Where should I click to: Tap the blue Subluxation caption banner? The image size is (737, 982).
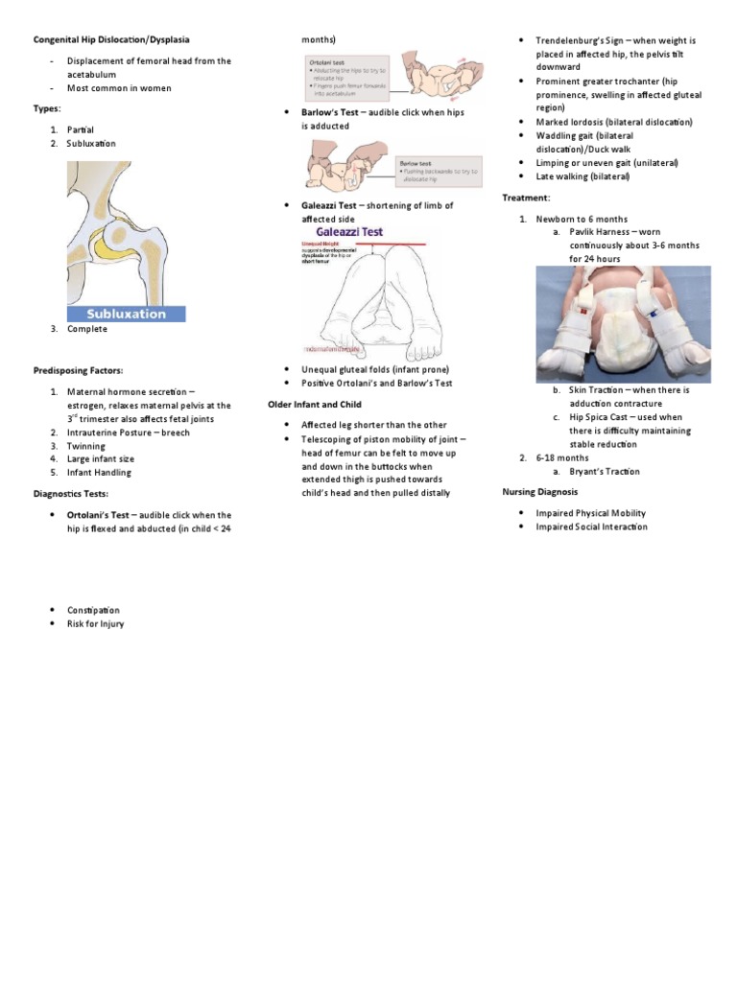(126, 314)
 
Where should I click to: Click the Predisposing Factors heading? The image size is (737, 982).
(79, 370)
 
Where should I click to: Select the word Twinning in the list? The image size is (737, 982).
(85, 446)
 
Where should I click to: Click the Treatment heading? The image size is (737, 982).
(527, 198)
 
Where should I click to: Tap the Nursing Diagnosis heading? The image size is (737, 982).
(540, 492)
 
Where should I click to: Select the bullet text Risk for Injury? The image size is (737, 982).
(95, 623)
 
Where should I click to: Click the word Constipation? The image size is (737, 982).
(93, 610)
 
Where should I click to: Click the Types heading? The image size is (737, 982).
(47, 108)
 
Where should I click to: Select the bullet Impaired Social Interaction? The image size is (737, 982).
(591, 526)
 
